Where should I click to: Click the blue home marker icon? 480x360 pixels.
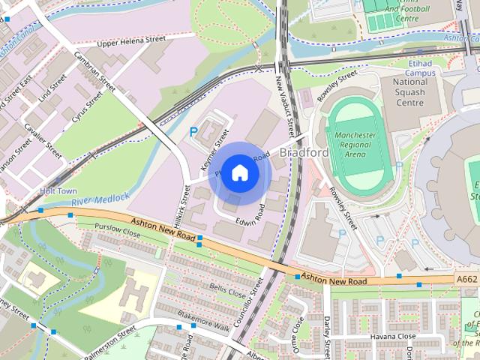tap(239, 172)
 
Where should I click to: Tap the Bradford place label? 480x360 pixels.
tap(304, 153)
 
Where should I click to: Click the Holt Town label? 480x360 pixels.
tap(58, 191)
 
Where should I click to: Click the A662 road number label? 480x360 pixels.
tap(466, 278)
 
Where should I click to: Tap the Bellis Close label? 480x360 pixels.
tap(228, 289)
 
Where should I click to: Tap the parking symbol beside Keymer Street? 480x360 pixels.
tap(193, 131)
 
